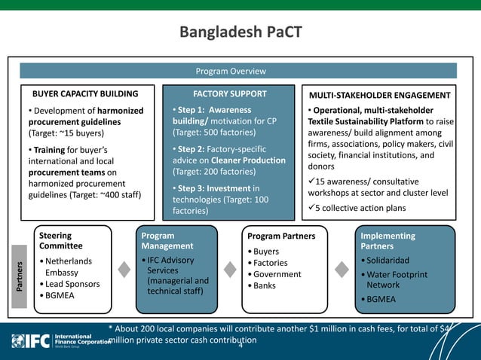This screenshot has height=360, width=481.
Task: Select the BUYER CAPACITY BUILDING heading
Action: pos(84,95)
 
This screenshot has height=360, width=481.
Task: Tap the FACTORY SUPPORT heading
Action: pos(230,94)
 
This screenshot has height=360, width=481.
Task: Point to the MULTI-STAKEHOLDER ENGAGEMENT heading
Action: pos(381,96)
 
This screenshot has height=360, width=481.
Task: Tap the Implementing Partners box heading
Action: pos(388,241)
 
